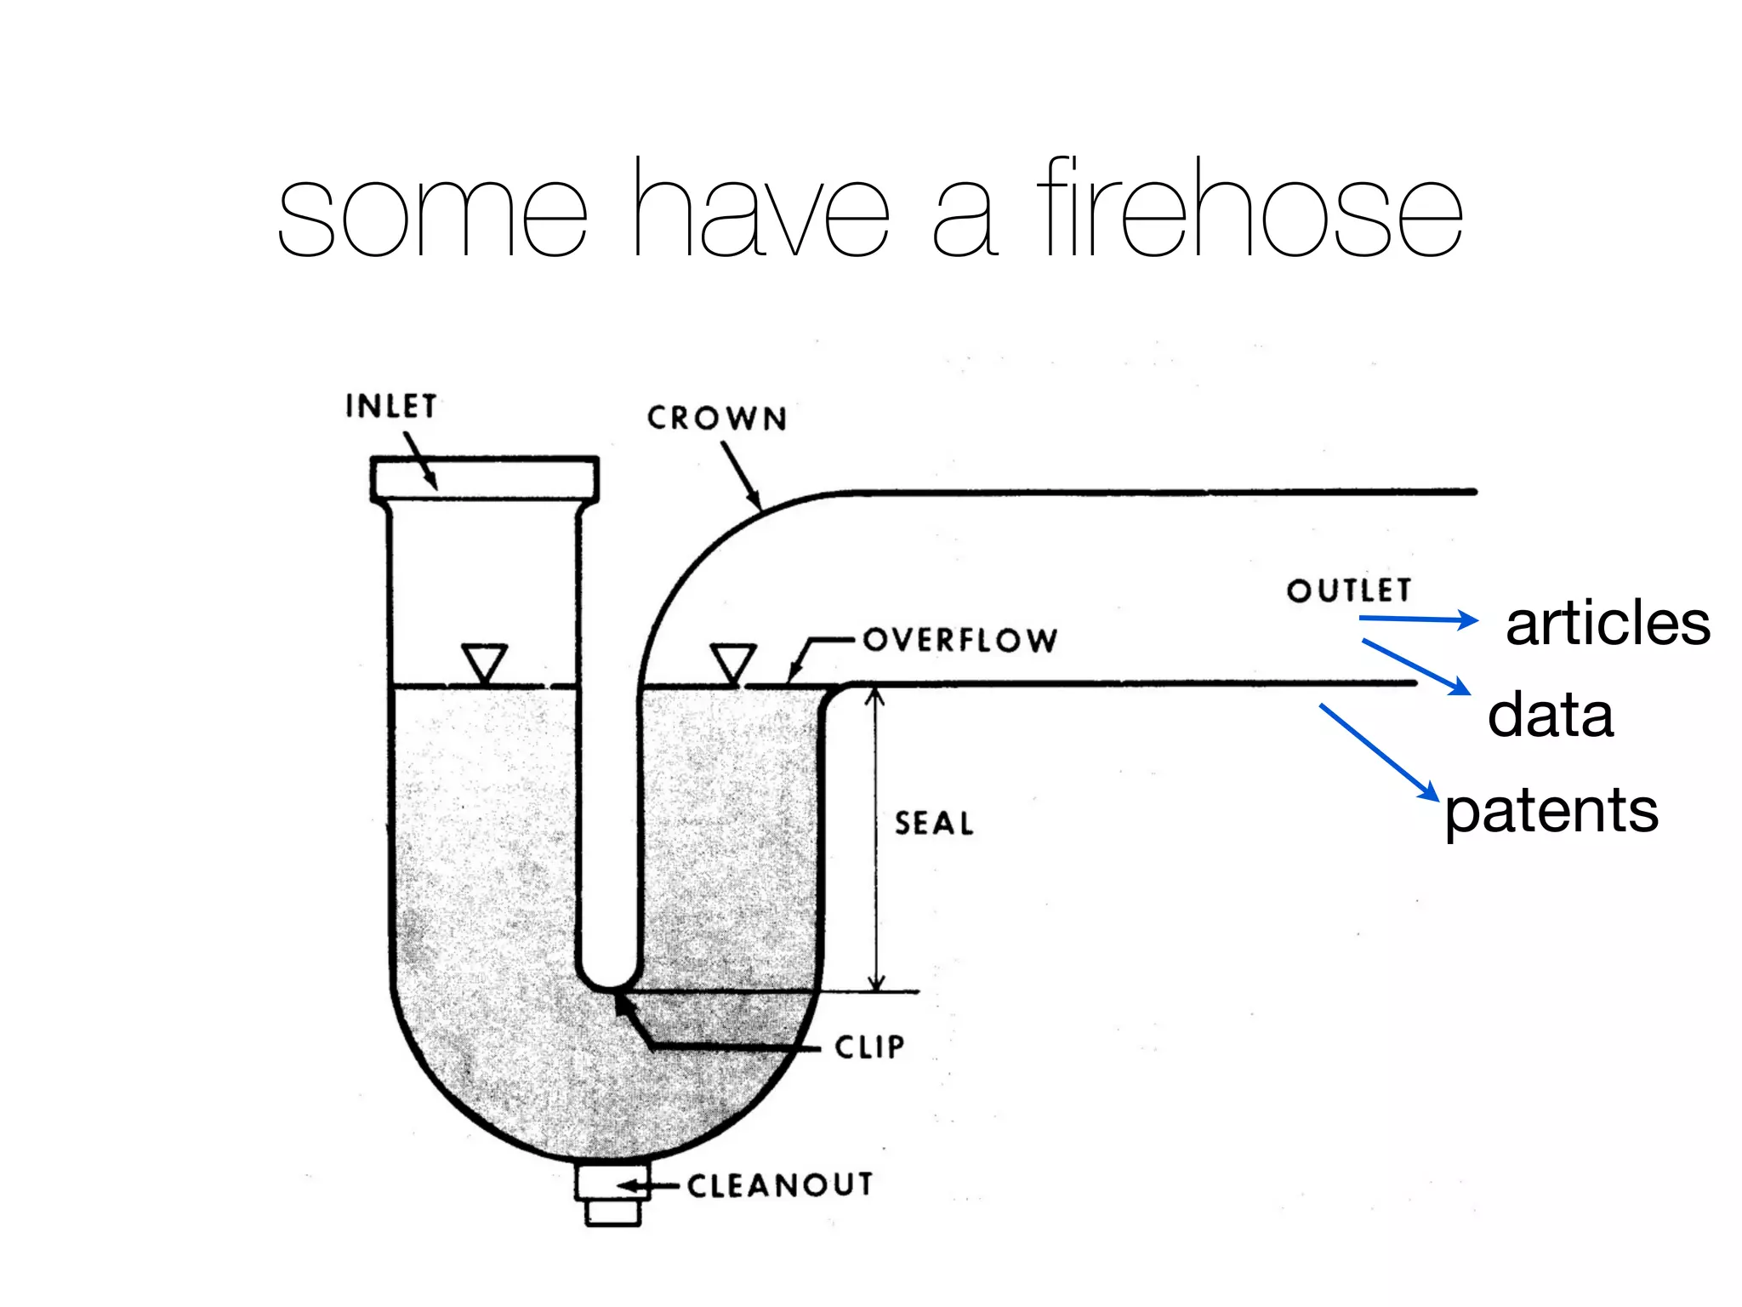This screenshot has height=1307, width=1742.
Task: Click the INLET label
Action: pyautogui.click(x=391, y=406)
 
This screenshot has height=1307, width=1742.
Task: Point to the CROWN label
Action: pyautogui.click(x=717, y=419)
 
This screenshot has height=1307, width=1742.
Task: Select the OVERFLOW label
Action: pyautogui.click(x=960, y=640)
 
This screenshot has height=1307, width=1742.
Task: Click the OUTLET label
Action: pyautogui.click(x=1349, y=591)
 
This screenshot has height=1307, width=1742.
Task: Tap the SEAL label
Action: pyautogui.click(x=934, y=824)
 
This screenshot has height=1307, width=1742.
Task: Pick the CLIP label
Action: pyautogui.click(x=869, y=1047)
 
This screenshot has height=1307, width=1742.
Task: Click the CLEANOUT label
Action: pyautogui.click(x=780, y=1185)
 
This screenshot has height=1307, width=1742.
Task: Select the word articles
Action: pyautogui.click(x=1608, y=624)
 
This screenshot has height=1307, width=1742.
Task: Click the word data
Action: pyautogui.click(x=1550, y=715)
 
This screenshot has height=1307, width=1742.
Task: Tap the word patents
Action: pyautogui.click(x=1551, y=811)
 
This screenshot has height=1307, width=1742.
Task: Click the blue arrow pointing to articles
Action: pyautogui.click(x=1419, y=619)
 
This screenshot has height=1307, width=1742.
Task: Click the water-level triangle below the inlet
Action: pyautogui.click(x=485, y=662)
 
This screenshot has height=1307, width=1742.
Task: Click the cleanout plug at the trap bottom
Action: pyautogui.click(x=612, y=1196)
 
